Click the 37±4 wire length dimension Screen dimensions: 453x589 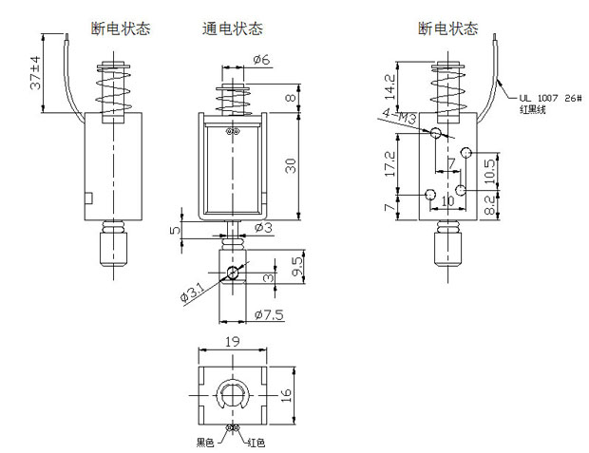tap(35, 74)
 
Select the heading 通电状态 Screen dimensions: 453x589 tap(233, 28)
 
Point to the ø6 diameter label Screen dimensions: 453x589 tap(262, 60)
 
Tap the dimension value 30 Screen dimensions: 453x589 tap(291, 165)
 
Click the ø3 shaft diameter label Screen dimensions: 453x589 tap(263, 227)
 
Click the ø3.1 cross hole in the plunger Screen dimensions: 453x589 tap(233, 274)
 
